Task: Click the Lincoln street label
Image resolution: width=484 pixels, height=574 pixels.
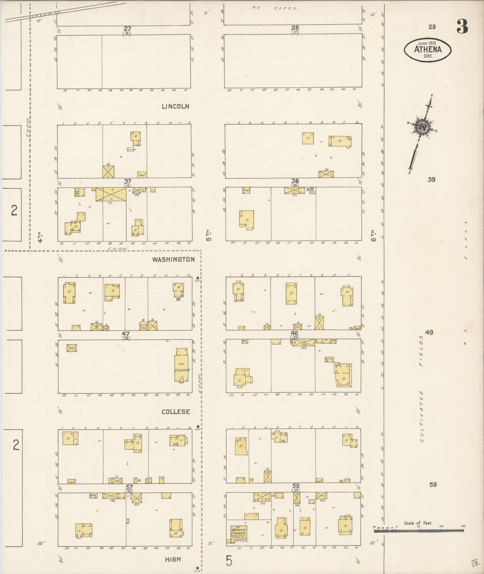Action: pyautogui.click(x=176, y=106)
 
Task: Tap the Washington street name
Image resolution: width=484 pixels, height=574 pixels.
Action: pyautogui.click(x=173, y=260)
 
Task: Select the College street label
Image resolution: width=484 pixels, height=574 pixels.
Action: pyautogui.click(x=176, y=412)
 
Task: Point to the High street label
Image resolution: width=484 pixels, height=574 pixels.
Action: pyautogui.click(x=173, y=559)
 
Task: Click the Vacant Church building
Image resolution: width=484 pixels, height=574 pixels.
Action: pyautogui.click(x=182, y=365)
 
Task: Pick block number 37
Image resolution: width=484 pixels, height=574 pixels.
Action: pyautogui.click(x=127, y=182)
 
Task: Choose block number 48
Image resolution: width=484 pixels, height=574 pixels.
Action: pyautogui.click(x=295, y=333)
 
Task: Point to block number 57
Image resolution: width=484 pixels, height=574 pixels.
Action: pyautogui.click(x=129, y=487)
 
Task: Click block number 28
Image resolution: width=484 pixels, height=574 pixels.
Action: pyautogui.click(x=295, y=28)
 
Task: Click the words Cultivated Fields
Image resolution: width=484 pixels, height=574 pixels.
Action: pyautogui.click(x=421, y=388)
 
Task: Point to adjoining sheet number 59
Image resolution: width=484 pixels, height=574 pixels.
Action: pyautogui.click(x=433, y=484)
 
